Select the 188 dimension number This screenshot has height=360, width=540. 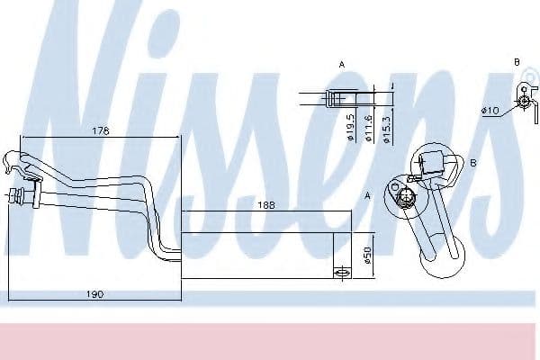267,204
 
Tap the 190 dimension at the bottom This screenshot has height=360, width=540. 94,294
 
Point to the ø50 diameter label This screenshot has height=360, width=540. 366,256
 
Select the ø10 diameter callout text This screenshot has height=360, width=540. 490,111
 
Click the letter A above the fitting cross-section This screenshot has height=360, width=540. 342,65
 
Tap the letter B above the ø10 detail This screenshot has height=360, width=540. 517,61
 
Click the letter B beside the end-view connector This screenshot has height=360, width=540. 472,163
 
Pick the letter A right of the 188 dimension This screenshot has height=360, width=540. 367,195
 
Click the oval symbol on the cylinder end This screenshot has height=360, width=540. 341,272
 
